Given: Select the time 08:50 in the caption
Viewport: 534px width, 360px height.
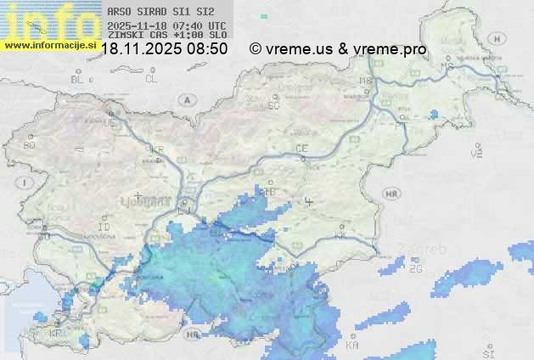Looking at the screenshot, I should (208, 49).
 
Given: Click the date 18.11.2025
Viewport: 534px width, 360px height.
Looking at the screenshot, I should (140, 49).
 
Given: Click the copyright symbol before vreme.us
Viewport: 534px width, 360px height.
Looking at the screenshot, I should (255, 49).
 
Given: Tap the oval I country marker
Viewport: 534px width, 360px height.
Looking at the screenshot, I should (26, 183).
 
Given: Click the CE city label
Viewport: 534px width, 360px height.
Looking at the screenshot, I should (301, 149).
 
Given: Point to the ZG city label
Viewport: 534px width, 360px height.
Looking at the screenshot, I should (415, 269).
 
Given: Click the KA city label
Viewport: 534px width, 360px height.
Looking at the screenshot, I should (352, 346).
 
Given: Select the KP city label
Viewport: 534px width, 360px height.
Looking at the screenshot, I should (56, 334).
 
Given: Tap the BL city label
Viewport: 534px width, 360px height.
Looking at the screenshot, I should (77, 79).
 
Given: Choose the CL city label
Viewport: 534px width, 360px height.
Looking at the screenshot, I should (151, 79).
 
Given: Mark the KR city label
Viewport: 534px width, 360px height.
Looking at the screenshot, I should (157, 149).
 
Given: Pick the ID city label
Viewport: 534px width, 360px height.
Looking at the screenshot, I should (104, 228).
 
